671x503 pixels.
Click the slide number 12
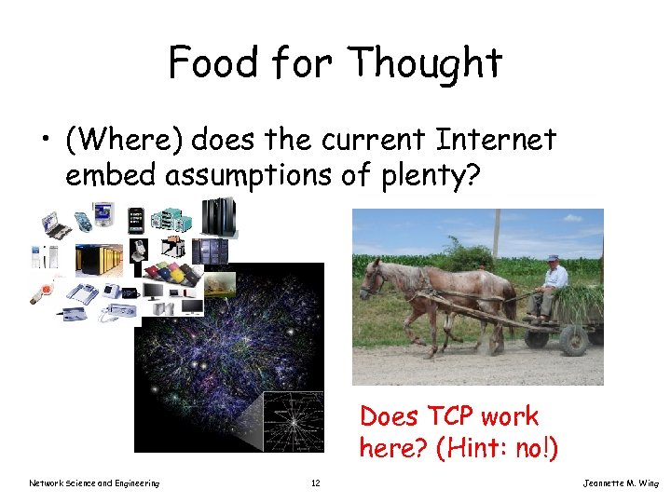tap(315, 483)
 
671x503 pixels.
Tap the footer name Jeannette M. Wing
tap(620, 483)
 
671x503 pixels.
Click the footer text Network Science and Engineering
tap(94, 483)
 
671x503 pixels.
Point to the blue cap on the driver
tap(554, 257)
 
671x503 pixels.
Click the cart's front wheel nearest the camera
tap(573, 339)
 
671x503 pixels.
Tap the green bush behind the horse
tap(466, 256)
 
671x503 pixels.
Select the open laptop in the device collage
tap(54, 225)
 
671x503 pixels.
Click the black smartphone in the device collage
tap(135, 221)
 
